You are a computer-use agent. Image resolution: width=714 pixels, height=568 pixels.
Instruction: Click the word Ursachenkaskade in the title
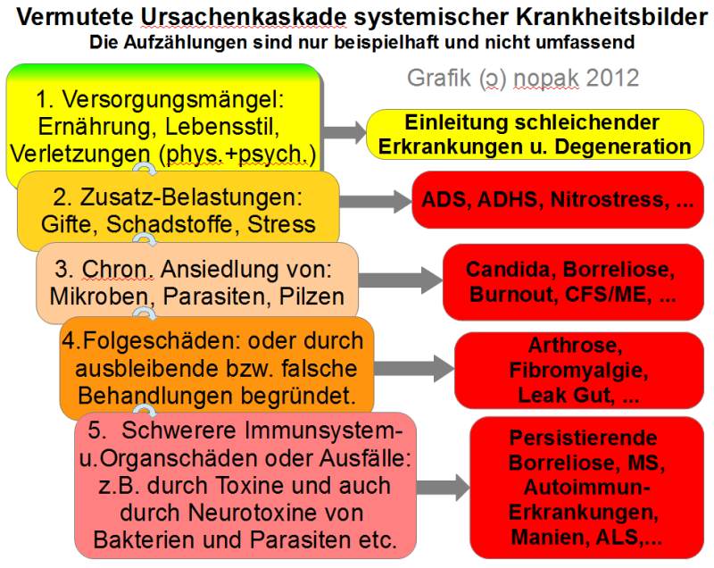[x=244, y=17]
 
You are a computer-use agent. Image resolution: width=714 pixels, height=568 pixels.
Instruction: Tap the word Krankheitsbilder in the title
[x=611, y=17]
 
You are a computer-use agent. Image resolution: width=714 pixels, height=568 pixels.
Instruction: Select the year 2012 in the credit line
[x=612, y=78]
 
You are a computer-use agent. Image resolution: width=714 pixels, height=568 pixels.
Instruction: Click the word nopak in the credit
[x=545, y=79]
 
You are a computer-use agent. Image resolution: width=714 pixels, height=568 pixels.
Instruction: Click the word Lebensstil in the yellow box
[x=222, y=126]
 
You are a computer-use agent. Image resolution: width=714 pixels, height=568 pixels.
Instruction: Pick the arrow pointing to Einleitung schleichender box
[x=344, y=132]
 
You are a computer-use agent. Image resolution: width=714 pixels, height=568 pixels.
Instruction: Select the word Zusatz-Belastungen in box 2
[x=191, y=197]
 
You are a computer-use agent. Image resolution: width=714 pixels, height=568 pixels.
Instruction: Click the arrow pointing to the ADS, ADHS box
[x=375, y=201]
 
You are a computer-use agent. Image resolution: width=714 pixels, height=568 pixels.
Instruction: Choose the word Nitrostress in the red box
[x=610, y=199]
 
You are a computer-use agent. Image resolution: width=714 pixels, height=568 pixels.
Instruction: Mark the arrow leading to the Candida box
[x=400, y=280]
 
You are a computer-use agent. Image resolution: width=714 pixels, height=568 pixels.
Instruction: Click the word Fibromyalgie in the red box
[x=578, y=371]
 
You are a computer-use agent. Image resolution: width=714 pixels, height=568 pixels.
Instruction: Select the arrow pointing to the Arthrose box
[x=413, y=369]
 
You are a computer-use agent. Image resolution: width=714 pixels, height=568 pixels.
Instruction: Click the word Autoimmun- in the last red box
[x=587, y=488]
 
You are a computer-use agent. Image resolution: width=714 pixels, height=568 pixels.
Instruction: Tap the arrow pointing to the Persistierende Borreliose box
[x=443, y=488]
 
